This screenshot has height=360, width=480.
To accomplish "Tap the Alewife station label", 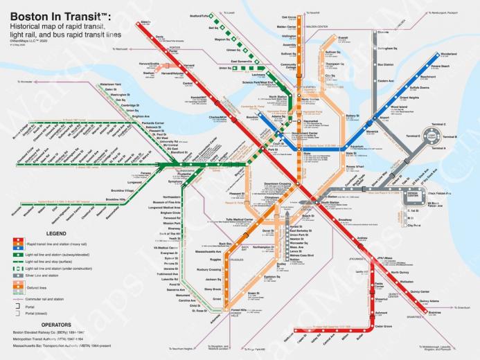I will click(x=145, y=23).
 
